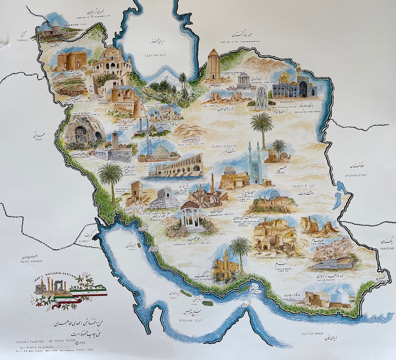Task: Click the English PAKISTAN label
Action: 386,249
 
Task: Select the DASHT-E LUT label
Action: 302,186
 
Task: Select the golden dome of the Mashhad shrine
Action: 285,77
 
